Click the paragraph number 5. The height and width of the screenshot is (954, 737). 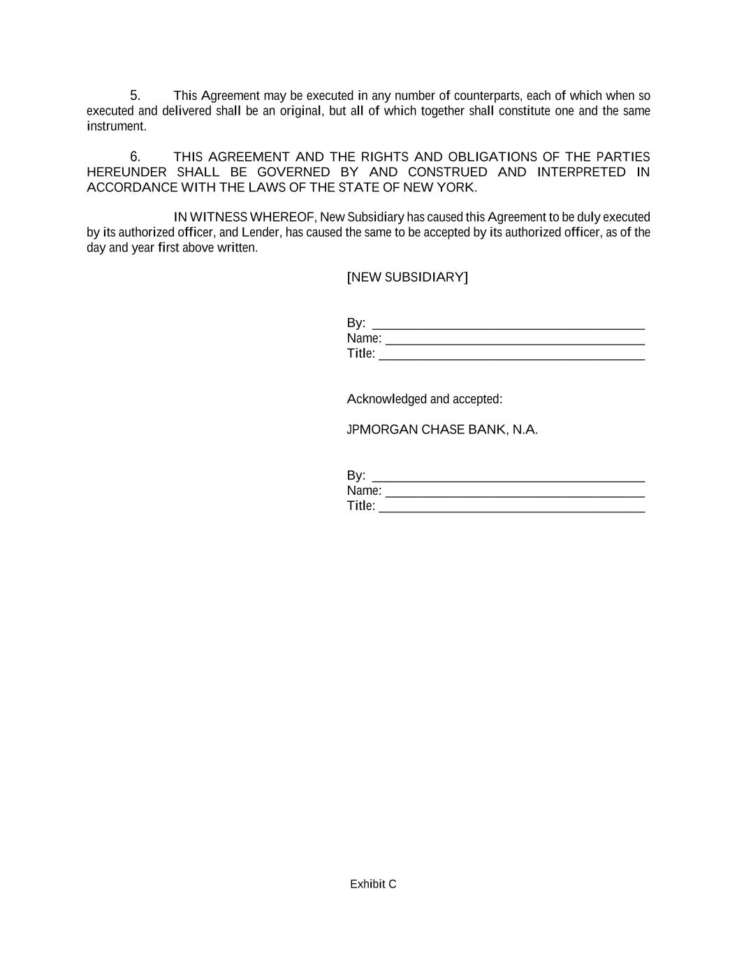pos(135,95)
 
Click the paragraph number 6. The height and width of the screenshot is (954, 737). pos(135,157)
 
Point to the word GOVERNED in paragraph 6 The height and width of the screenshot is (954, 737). pos(293,172)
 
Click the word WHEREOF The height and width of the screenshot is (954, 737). pos(283,217)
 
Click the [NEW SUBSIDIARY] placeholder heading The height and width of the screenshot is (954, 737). pos(407,277)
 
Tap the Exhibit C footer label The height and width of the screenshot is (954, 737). pos(373,884)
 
